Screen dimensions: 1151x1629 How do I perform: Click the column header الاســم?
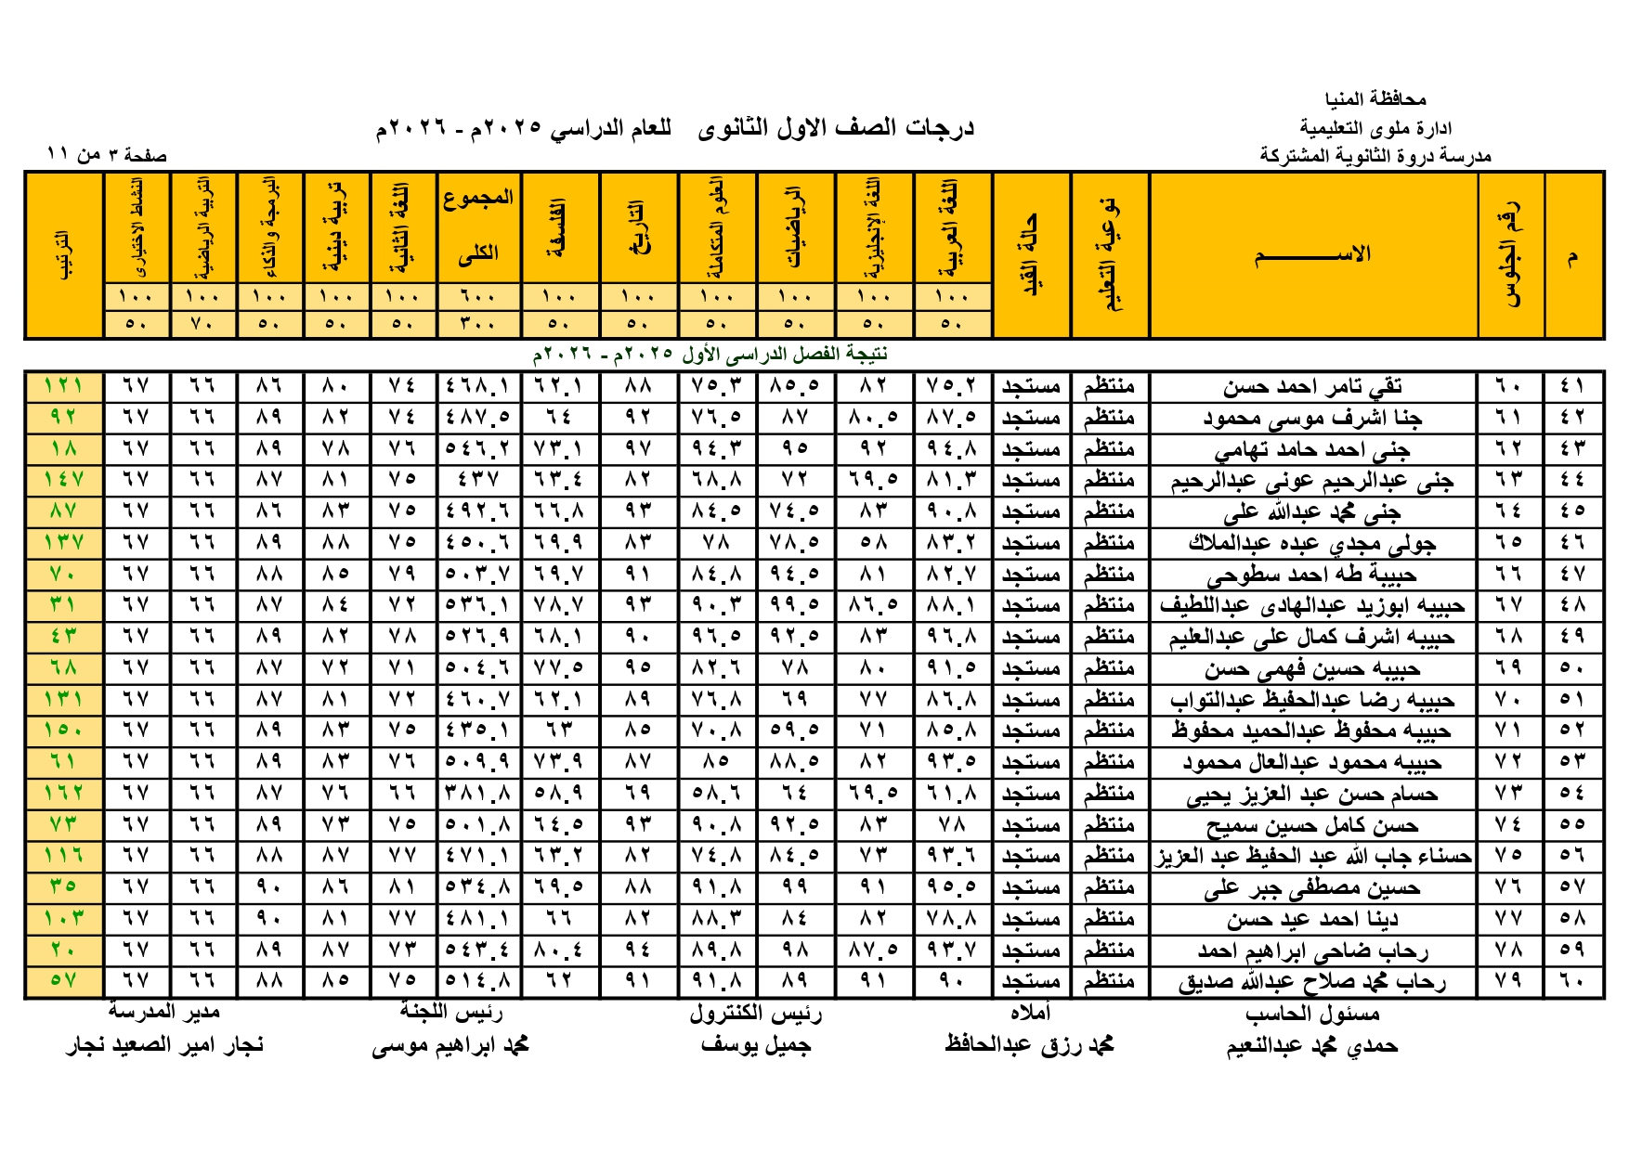(x=1312, y=254)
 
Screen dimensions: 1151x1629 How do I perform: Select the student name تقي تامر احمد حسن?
(x=1312, y=386)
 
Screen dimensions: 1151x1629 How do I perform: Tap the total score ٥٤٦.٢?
(x=478, y=449)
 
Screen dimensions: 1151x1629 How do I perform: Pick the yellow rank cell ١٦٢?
(x=63, y=794)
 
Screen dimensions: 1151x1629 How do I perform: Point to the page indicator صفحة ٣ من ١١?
(x=108, y=155)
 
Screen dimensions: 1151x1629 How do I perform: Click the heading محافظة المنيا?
(x=1375, y=98)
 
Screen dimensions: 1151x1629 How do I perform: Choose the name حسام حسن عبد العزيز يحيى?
(x=1312, y=795)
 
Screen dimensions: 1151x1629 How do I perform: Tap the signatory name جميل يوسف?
(x=755, y=1045)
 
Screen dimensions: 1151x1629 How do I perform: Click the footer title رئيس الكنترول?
(x=755, y=1014)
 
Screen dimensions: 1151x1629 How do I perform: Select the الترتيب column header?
(x=63, y=254)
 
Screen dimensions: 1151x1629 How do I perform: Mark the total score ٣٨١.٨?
(x=478, y=794)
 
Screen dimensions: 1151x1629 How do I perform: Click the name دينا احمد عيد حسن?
(x=1312, y=920)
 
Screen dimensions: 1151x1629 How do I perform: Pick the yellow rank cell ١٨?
(x=63, y=449)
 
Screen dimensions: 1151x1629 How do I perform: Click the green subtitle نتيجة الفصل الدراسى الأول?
(x=710, y=355)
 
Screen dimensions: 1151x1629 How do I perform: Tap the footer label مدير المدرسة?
(x=164, y=1012)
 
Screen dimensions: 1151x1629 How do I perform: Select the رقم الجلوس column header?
(x=1510, y=254)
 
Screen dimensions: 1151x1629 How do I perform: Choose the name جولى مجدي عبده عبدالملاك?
(x=1312, y=543)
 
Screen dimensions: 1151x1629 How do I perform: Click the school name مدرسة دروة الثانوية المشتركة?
(x=1375, y=156)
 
